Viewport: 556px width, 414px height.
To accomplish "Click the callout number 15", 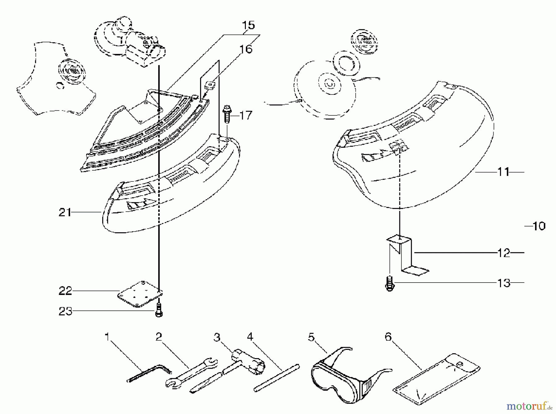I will pyautogui.click(x=248, y=25).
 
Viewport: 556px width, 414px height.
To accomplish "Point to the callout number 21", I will pyautogui.click(x=65, y=213).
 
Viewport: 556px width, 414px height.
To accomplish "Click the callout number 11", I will pyautogui.click(x=503, y=172).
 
